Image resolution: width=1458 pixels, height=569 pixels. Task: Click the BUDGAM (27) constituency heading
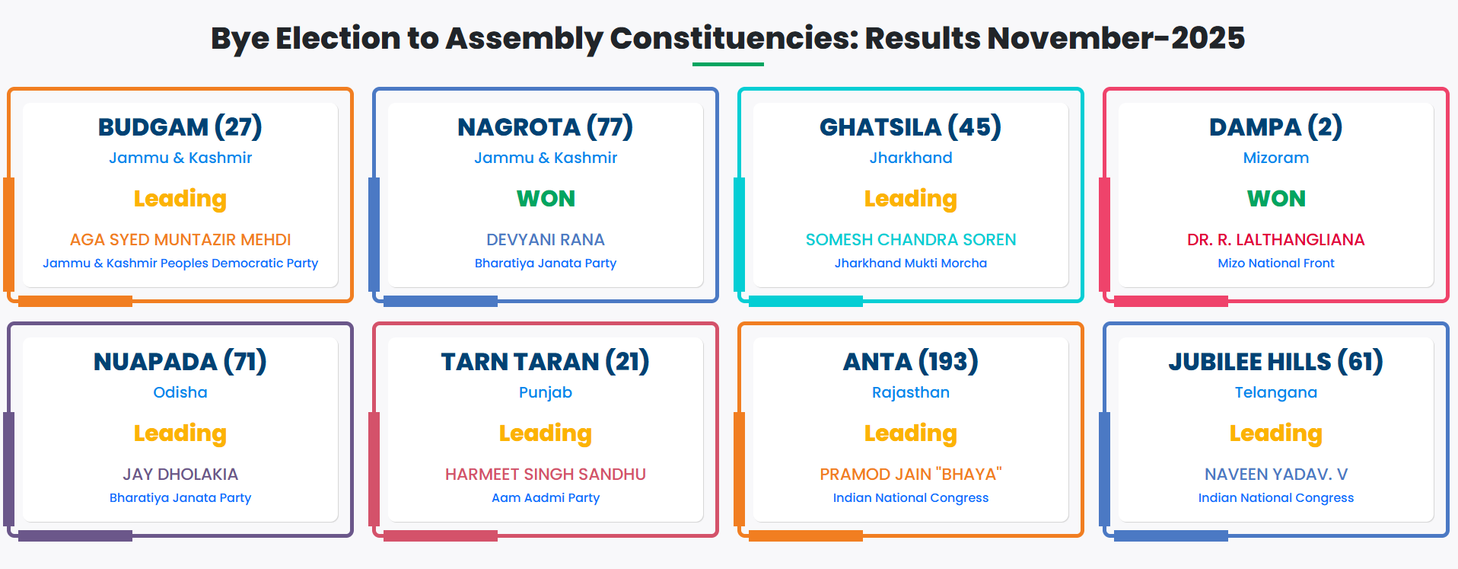180,126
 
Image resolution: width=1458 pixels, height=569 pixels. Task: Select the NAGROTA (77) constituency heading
546,126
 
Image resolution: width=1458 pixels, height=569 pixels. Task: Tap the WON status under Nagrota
546,199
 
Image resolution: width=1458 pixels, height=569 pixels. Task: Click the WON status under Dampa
1276,199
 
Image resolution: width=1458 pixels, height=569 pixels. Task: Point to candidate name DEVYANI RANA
546,240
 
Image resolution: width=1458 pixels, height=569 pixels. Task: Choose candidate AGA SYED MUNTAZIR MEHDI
180,240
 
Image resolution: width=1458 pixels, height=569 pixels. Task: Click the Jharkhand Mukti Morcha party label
911,263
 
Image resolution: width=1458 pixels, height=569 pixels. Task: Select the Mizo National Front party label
1276,263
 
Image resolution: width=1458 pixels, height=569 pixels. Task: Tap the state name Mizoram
1276,158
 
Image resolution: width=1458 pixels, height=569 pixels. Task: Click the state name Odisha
180,392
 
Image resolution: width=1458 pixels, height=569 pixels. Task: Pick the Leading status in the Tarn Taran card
546,433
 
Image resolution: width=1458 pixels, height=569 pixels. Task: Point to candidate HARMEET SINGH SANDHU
546,475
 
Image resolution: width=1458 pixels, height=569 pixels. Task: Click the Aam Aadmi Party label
546,497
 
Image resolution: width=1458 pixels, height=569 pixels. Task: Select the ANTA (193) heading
911,361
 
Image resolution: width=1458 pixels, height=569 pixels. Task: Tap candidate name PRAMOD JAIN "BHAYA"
911,475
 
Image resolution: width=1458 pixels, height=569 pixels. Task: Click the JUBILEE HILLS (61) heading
1276,361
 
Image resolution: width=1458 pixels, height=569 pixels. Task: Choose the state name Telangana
1276,392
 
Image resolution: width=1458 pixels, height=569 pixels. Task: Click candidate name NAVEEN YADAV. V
1276,475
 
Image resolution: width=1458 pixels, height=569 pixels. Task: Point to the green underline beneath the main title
728,64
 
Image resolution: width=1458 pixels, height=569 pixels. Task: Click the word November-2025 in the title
1116,38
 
